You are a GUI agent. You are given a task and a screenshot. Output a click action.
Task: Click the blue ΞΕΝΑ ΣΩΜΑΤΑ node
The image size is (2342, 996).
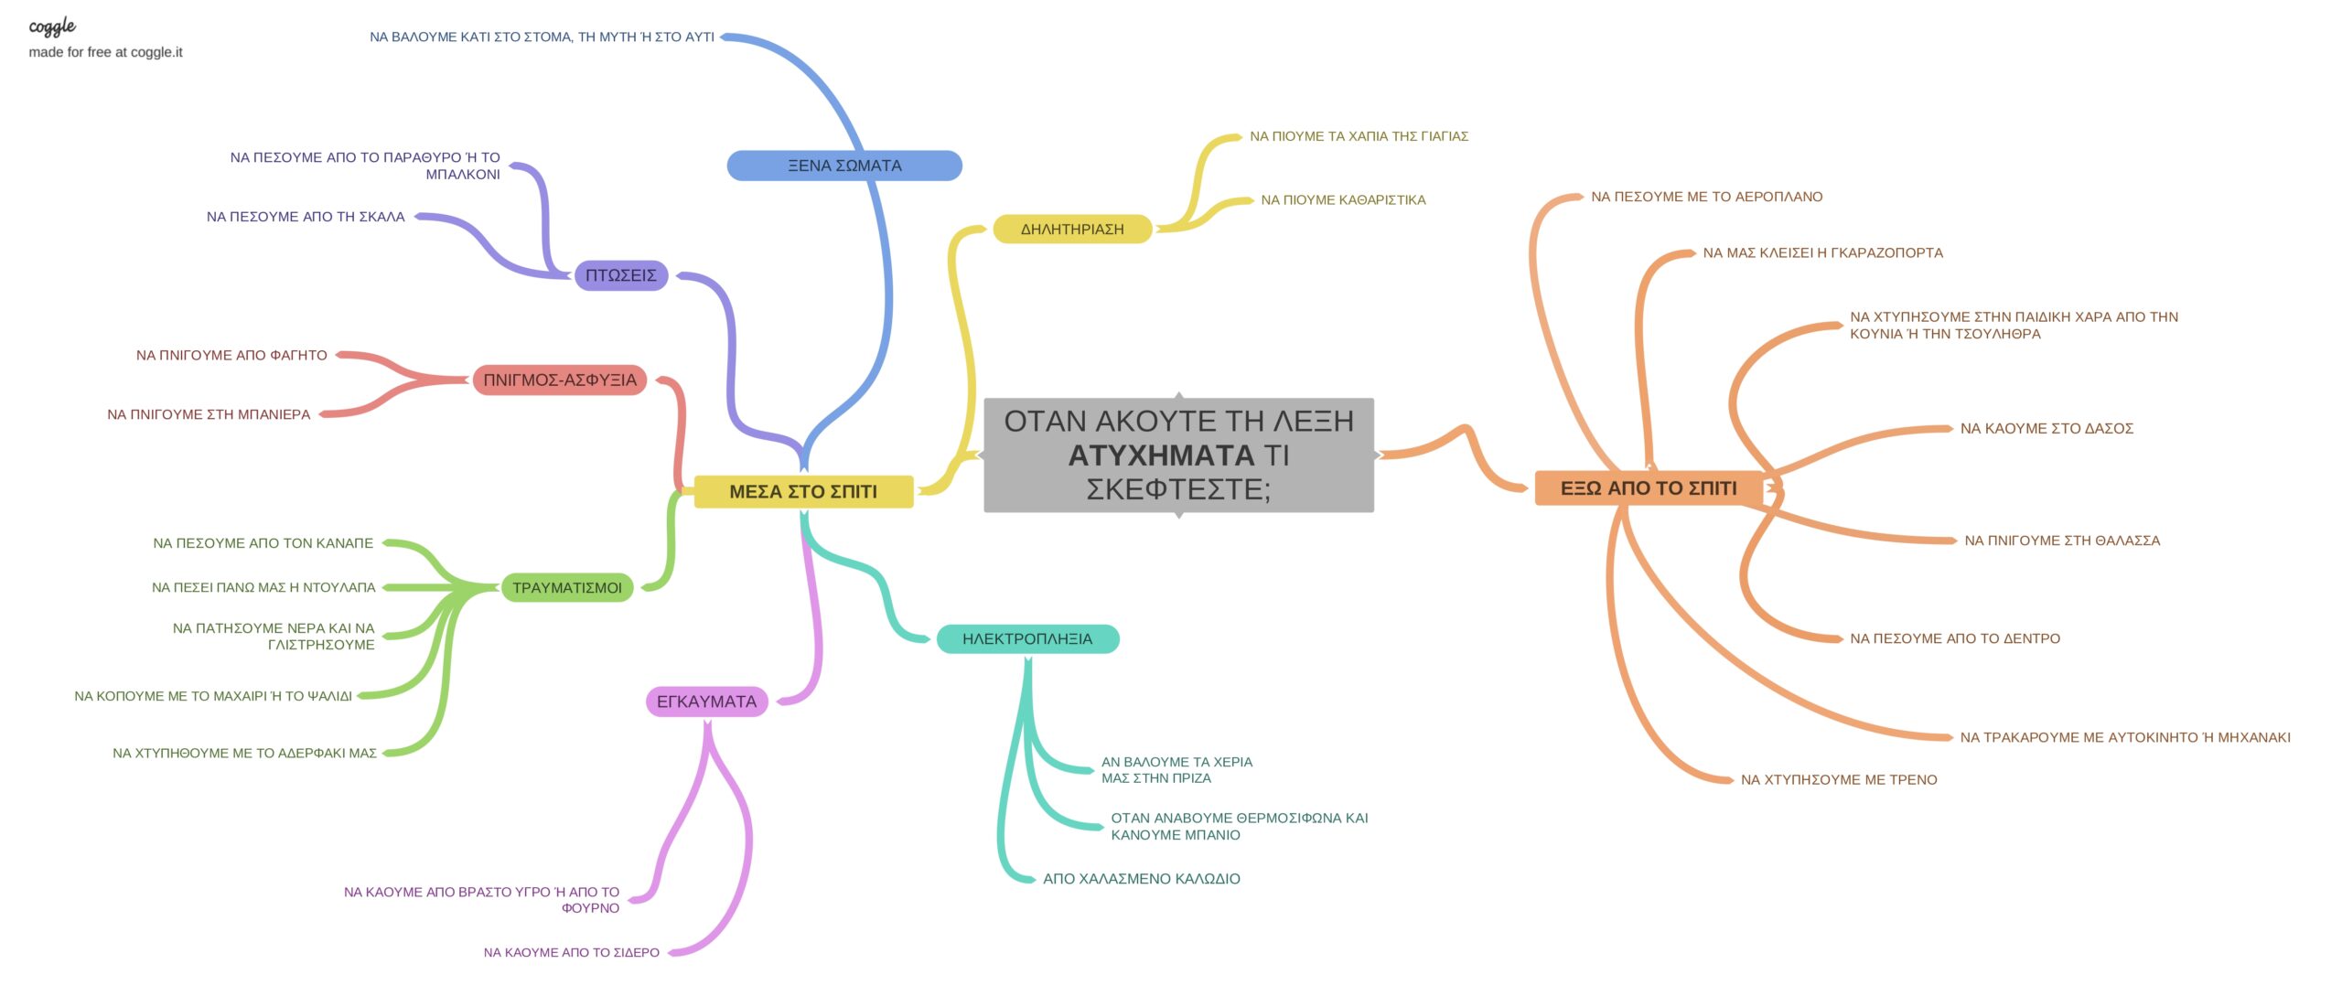pos(843,166)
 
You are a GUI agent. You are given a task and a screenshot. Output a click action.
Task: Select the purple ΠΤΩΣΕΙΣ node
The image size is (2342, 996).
pos(620,275)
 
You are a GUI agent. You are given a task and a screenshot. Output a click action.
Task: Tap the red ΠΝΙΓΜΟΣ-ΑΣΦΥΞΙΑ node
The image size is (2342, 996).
pos(559,380)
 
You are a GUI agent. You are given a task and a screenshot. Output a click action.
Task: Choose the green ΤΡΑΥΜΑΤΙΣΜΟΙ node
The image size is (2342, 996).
pos(566,588)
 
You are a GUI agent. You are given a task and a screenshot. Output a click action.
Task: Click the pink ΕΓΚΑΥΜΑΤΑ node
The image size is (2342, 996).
pos(706,701)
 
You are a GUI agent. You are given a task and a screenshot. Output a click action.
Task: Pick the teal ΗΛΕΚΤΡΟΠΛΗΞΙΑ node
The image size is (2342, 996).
pos(1026,639)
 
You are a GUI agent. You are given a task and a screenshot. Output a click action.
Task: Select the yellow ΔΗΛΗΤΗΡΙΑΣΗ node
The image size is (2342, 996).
pos(1071,230)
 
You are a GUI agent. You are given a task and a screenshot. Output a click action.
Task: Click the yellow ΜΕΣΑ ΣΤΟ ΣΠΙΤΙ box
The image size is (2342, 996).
pos(802,492)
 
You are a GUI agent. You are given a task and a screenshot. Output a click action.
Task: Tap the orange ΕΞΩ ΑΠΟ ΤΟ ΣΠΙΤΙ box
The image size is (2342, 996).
pos(1648,488)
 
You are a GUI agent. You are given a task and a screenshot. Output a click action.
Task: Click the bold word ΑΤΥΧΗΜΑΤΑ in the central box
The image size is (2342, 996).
pos(1161,455)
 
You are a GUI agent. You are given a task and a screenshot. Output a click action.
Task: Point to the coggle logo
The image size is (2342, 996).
pos(52,27)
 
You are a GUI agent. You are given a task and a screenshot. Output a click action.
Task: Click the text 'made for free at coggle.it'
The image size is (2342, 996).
pos(105,52)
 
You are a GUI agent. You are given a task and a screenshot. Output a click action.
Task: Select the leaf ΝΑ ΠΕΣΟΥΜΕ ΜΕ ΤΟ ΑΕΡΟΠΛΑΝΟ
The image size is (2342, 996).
pos(1706,197)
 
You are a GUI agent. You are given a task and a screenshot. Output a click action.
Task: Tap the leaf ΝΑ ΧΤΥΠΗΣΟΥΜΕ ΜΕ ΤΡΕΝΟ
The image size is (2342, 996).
pos(1838,780)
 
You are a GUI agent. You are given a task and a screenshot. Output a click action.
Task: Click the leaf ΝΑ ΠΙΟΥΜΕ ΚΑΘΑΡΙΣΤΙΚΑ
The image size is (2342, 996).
pos(1342,200)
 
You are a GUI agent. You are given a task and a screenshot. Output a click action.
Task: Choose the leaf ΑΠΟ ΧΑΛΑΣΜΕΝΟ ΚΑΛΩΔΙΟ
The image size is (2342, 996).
pos(1141,879)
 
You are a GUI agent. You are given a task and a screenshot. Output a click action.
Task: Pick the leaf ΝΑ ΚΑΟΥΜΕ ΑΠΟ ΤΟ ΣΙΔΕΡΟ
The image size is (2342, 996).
pos(571,952)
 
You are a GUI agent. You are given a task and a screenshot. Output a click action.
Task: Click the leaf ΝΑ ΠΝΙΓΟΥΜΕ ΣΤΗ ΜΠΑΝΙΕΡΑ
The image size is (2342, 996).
pos(209,414)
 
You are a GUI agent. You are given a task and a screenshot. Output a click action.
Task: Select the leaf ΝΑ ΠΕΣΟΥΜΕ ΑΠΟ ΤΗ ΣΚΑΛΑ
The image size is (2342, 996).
pos(306,217)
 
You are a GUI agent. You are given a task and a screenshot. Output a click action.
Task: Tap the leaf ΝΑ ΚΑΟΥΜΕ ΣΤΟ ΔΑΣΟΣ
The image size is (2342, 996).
pos(2046,429)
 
